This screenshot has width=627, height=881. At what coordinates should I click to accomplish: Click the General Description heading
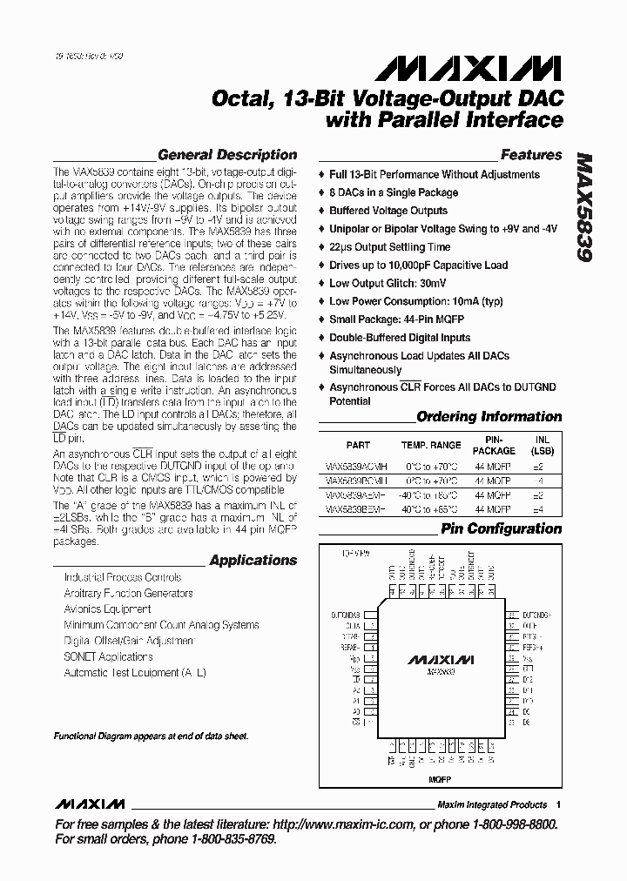[x=227, y=155]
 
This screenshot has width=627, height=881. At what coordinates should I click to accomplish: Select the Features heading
[x=530, y=155]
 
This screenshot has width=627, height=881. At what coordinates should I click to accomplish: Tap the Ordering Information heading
[x=489, y=416]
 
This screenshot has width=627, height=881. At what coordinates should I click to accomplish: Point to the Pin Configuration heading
[x=501, y=528]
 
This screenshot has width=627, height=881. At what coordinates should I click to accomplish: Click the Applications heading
[x=253, y=561]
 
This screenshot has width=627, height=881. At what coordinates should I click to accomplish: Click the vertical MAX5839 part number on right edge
[x=584, y=208]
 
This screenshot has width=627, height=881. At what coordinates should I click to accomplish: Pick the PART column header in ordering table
[x=358, y=444]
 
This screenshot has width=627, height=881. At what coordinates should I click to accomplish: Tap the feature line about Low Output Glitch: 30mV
[x=388, y=284]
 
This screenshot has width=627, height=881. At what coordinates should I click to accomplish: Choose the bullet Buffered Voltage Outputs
[x=388, y=211]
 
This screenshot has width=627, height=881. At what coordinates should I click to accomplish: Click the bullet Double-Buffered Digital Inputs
[x=399, y=338]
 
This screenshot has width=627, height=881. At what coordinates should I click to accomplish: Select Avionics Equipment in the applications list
[x=107, y=609]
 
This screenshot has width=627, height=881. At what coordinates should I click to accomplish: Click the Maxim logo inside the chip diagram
[x=443, y=658]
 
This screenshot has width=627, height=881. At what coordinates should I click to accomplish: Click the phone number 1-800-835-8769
[x=221, y=839]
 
